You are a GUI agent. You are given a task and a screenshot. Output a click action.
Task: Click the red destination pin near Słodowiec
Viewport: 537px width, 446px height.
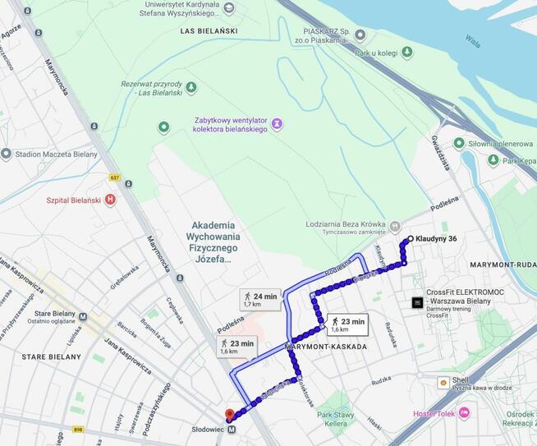(229, 416)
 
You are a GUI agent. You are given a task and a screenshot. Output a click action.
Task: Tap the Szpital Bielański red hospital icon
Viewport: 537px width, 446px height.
(110, 200)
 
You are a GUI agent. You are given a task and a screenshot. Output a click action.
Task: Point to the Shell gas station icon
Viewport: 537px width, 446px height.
(443, 382)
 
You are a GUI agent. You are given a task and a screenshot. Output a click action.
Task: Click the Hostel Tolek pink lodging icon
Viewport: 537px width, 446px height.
(464, 412)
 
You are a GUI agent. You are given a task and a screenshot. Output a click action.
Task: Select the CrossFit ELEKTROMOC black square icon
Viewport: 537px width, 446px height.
(417, 302)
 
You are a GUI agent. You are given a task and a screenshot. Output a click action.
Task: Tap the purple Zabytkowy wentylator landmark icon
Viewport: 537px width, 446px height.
(277, 123)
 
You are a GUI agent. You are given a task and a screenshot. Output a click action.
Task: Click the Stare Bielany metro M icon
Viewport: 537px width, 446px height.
(82, 315)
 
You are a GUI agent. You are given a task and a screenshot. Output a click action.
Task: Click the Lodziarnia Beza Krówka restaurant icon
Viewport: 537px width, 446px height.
(394, 226)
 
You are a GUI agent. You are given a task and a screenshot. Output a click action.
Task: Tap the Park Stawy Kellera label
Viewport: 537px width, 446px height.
(336, 419)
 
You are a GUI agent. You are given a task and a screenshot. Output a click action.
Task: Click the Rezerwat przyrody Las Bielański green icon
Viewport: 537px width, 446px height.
(191, 87)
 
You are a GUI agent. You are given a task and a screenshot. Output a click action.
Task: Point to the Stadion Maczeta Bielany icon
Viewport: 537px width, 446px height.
(7, 154)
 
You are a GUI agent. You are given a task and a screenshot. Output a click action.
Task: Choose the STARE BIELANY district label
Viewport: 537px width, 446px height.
(51, 357)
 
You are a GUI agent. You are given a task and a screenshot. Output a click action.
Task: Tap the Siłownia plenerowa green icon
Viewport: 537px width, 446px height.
(459, 143)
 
